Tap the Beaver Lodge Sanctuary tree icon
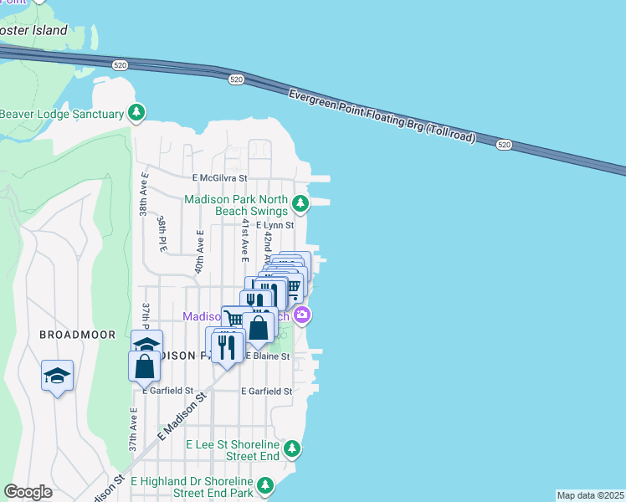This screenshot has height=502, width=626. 136,113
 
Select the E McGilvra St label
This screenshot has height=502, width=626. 220,178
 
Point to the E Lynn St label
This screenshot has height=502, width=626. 275,225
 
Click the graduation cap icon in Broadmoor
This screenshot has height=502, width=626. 57,376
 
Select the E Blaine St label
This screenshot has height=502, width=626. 267,356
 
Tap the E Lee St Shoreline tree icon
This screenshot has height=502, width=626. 291,449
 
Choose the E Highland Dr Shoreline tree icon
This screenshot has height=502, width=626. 265,485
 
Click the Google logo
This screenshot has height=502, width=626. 28,492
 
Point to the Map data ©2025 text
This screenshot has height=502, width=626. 590,495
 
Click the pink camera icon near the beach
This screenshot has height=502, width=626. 302,315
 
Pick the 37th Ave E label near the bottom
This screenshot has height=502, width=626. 132,429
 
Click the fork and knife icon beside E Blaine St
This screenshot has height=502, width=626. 227,346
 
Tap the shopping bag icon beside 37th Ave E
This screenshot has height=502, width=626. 145,365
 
